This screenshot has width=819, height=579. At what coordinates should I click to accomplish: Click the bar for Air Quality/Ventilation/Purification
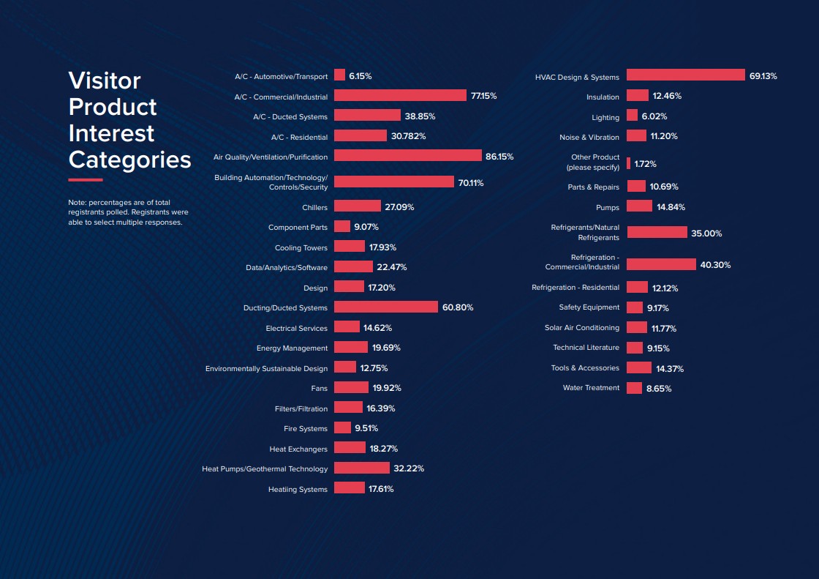coord(407,156)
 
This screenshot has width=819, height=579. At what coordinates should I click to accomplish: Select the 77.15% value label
coord(483,96)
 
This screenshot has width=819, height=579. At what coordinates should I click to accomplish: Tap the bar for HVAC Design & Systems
coord(685,75)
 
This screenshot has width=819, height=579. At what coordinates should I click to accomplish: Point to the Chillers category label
coord(314,208)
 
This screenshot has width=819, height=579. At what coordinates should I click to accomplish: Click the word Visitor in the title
coord(104,81)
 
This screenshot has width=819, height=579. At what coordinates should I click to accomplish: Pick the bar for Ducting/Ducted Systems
coord(385,307)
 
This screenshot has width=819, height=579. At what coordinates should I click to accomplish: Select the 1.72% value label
coord(645,164)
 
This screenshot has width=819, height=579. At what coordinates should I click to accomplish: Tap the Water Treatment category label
coord(591,388)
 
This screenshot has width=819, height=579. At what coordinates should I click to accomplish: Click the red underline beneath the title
coord(86,179)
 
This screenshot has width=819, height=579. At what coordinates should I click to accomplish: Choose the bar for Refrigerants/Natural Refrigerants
coord(657,232)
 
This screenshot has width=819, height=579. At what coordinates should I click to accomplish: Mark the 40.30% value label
coord(715,265)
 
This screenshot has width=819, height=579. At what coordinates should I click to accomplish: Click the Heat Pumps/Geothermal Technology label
coord(265,468)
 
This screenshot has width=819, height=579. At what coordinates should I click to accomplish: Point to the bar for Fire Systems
coord(342,427)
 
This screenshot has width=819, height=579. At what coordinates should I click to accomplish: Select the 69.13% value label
coord(763,76)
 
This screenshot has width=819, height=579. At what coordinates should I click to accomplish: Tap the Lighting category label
coord(605,117)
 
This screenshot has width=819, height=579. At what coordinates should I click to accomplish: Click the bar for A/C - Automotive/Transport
coord(339,75)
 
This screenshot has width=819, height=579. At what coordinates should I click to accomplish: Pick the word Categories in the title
coord(129,160)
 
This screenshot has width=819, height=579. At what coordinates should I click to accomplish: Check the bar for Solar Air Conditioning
coord(637,327)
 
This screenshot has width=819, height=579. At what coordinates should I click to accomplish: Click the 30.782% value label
coord(408,136)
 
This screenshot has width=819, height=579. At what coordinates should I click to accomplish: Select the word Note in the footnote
coord(76,202)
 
